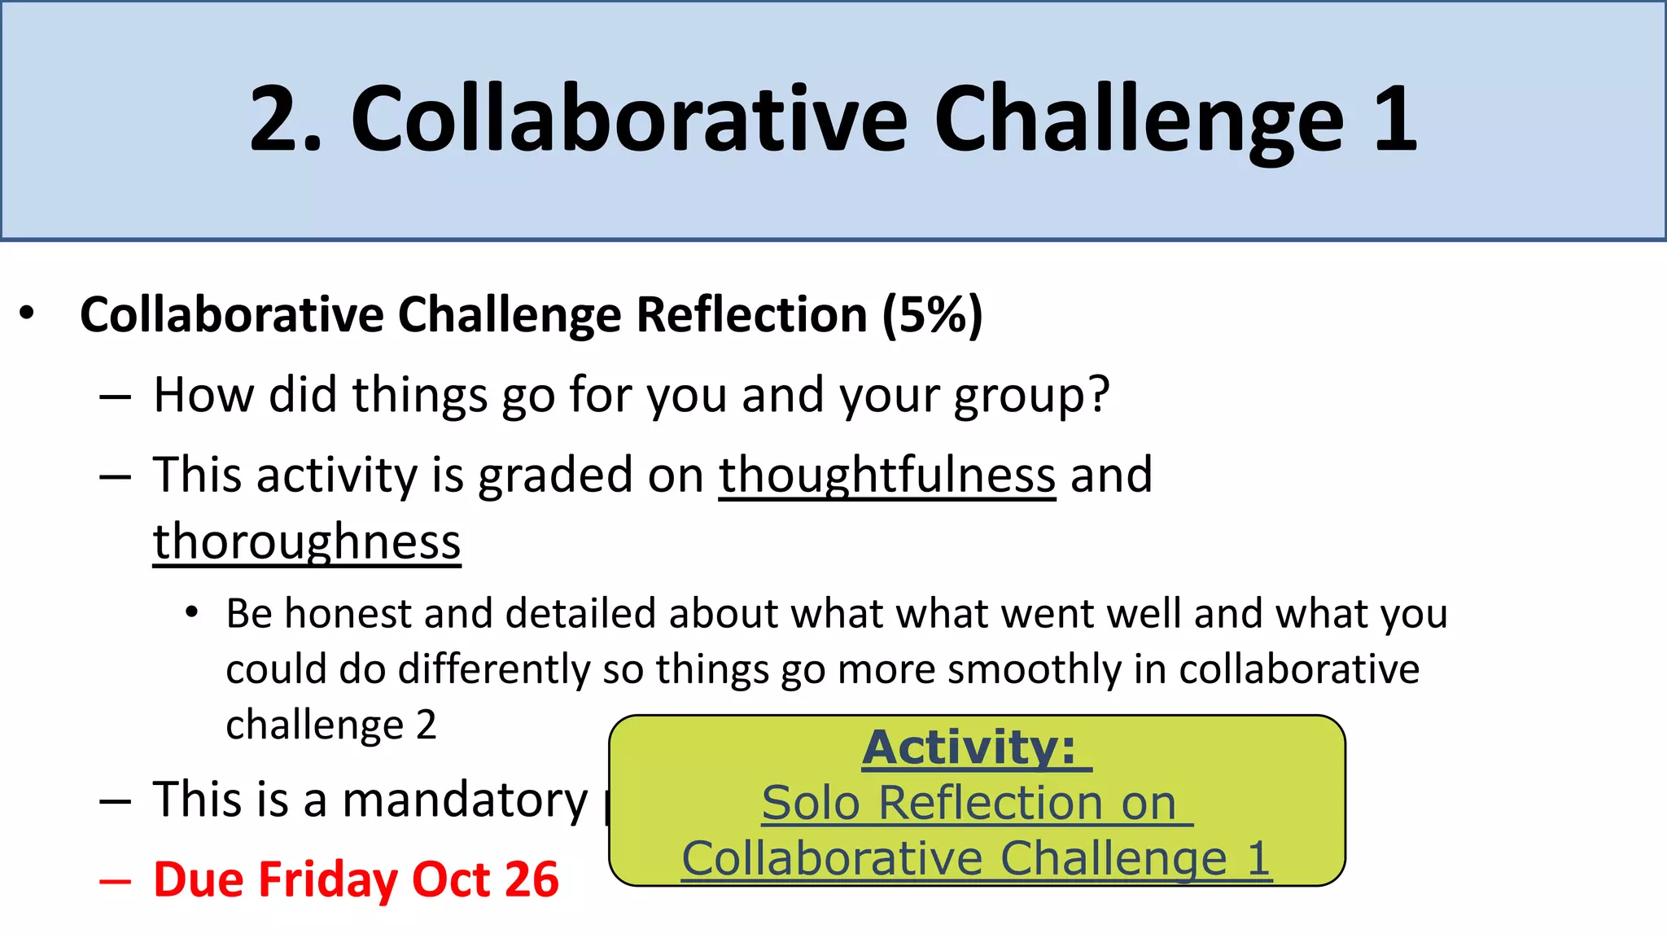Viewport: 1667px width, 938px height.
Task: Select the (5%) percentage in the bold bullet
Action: pos(933,315)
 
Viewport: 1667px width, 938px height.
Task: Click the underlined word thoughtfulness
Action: pos(886,476)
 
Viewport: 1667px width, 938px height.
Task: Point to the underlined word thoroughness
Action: pos(307,542)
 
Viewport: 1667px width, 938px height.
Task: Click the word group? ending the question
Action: pos(1031,397)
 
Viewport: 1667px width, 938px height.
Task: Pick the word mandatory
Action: pos(465,800)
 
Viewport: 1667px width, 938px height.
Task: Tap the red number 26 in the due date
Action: pos(532,880)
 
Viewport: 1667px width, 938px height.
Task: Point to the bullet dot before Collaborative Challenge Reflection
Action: pos(28,313)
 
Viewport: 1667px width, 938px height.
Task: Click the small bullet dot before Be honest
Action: pos(191,612)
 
